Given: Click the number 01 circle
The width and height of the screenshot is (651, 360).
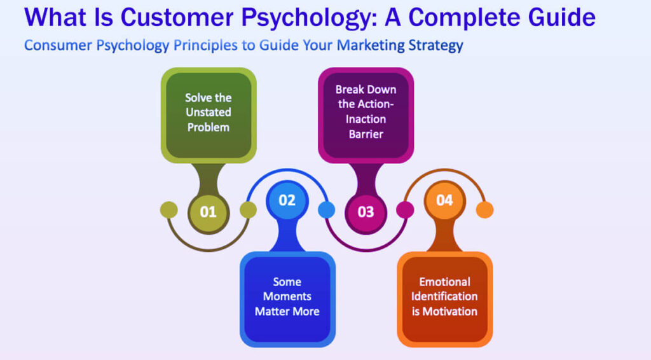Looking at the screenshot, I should (x=208, y=211).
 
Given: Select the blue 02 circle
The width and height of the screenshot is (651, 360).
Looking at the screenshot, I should (x=287, y=200).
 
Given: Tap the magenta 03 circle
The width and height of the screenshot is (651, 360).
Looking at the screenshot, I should (x=366, y=211).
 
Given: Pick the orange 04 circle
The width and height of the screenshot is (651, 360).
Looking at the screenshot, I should (x=444, y=200).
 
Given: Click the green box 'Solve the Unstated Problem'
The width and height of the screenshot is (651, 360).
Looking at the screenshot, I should (x=208, y=113).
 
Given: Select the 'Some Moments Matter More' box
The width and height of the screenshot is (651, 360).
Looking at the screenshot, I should (x=287, y=297).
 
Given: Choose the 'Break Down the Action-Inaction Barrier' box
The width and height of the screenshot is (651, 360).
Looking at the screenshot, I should (x=366, y=113).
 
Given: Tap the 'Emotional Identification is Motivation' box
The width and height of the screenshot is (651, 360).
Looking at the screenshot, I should (x=444, y=297).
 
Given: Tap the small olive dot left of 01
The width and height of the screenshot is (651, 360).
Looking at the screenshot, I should (x=169, y=209).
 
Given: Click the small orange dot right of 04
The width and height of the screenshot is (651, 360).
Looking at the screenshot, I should (x=484, y=209).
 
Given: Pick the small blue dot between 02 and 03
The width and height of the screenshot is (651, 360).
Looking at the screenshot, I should (x=326, y=209).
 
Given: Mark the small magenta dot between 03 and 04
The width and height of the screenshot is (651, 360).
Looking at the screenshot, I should (x=405, y=209).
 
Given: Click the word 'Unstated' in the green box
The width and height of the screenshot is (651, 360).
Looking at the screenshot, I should (x=208, y=113).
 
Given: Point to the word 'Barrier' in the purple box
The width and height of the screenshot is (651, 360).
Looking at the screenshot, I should (x=366, y=134).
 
